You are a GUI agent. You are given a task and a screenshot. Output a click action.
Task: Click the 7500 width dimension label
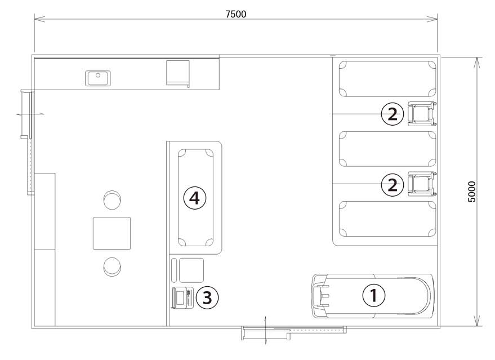(236, 14)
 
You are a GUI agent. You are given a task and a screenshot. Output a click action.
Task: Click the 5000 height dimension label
(471, 192)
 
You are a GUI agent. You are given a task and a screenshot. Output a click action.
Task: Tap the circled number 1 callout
(373, 296)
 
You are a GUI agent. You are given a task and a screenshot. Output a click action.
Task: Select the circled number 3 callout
(207, 297)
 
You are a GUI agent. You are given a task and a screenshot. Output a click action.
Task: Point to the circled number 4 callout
(195, 198)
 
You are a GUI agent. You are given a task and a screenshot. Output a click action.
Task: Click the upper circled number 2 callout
(393, 114)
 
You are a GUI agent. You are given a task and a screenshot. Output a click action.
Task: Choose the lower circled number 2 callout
(393, 185)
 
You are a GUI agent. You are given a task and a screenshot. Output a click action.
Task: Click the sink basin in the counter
(98, 78)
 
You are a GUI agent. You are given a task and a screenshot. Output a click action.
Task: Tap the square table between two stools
(112, 233)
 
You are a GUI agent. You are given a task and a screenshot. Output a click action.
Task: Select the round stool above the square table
(112, 199)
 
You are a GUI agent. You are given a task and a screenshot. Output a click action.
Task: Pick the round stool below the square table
(112, 266)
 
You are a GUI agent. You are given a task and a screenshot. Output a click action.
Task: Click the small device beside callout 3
(182, 297)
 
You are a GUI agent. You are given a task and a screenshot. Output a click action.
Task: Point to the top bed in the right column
(387, 79)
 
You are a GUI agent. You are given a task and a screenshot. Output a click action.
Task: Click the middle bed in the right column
(387, 149)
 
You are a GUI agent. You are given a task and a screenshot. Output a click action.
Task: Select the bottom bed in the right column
(387, 219)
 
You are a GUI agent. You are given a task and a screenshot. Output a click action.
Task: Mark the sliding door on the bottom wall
(293, 332)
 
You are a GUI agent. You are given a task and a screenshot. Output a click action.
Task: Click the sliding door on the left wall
(28, 142)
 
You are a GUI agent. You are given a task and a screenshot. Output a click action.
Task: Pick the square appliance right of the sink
(178, 73)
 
